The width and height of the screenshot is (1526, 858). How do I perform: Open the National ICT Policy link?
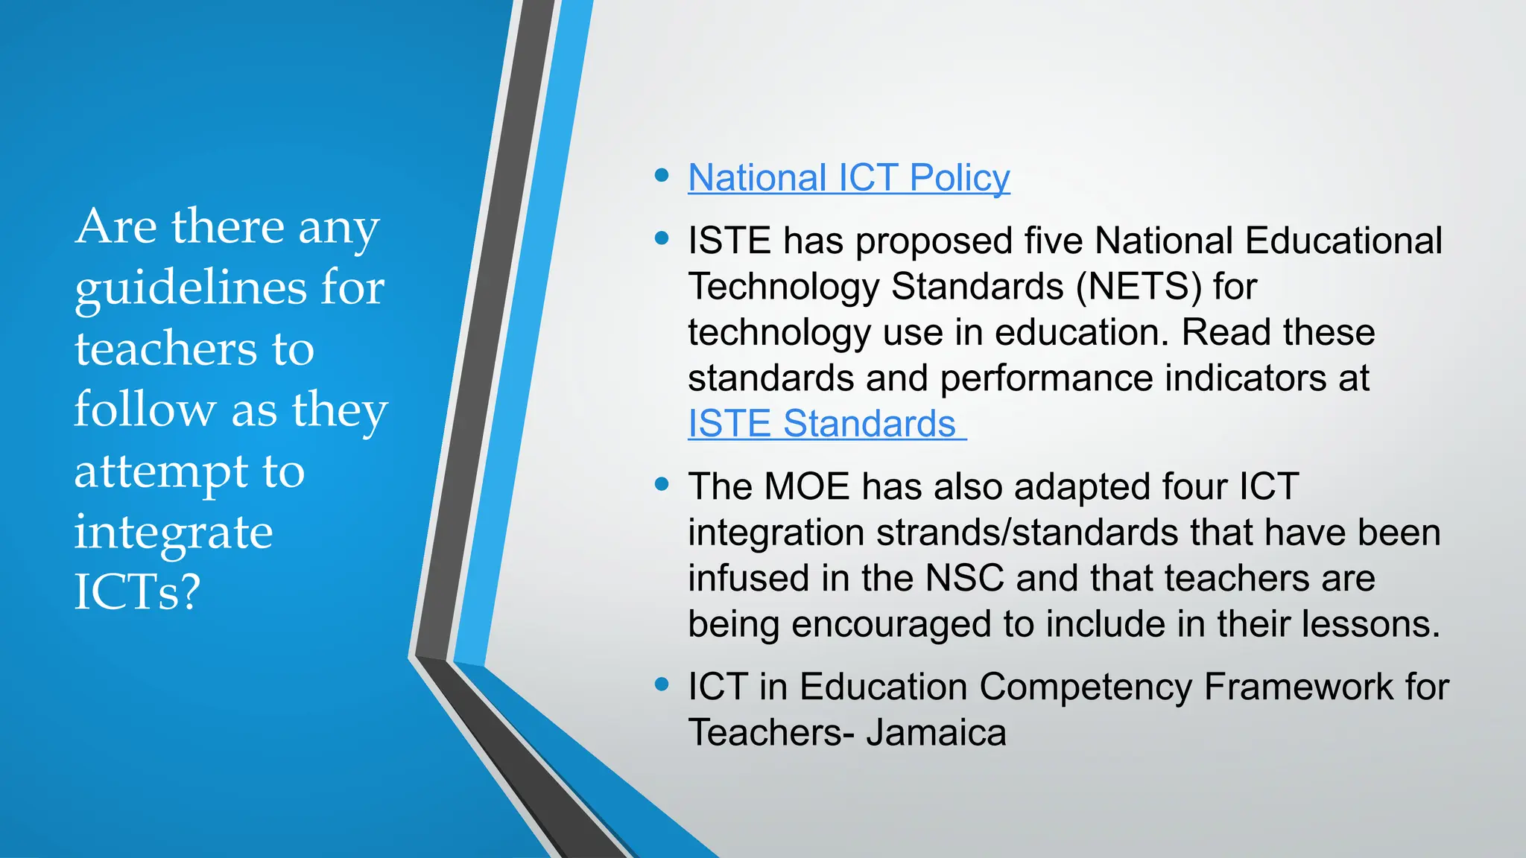849,178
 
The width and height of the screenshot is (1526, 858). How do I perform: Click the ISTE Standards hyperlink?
822,424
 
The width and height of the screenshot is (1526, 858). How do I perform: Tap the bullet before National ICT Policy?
661,176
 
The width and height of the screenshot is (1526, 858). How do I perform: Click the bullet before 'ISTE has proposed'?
661,239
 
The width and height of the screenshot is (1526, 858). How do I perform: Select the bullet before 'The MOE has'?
661,485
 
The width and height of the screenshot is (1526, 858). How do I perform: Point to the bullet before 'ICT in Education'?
661,684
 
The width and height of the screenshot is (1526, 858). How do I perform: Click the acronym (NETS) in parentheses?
1139,287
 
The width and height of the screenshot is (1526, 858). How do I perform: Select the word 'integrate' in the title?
174,533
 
